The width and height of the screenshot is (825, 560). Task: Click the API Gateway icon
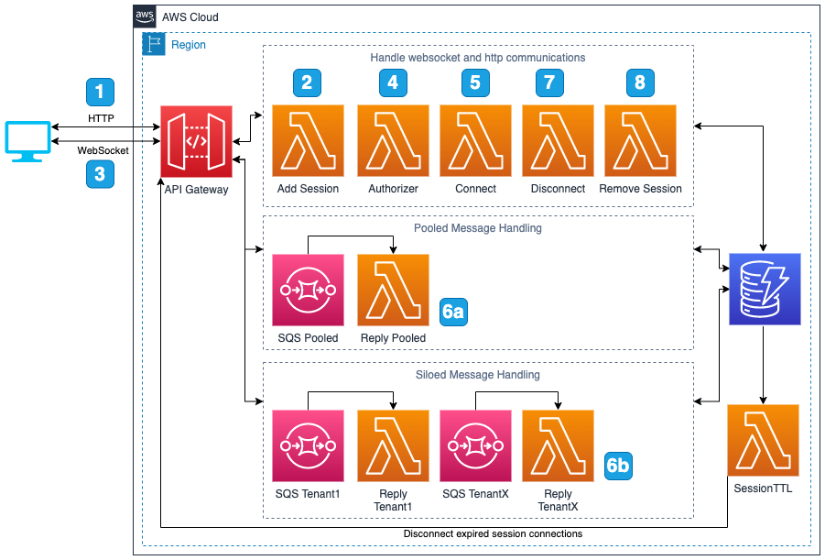197,141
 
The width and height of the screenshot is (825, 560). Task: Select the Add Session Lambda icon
308,140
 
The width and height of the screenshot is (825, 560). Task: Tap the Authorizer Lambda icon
393,140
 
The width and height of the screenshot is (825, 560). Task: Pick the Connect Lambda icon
475,140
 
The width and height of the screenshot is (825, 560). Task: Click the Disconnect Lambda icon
558,140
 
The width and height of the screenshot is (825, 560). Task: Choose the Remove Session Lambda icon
640,140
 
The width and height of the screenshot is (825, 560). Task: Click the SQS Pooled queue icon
308,290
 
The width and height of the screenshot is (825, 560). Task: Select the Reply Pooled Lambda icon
393,290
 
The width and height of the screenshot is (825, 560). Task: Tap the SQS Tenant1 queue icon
308,445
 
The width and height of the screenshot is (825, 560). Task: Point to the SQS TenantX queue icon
475,445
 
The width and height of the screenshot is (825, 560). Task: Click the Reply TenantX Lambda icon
558,445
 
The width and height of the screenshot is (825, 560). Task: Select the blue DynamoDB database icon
765,290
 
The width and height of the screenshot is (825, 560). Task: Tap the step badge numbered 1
100,92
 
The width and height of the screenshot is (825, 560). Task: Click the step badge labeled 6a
453,312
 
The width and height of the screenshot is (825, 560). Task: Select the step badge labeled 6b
618,466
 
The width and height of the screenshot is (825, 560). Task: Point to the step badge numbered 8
640,82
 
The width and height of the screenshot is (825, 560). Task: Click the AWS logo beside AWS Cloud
145,16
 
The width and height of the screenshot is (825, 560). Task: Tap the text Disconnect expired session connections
493,533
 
